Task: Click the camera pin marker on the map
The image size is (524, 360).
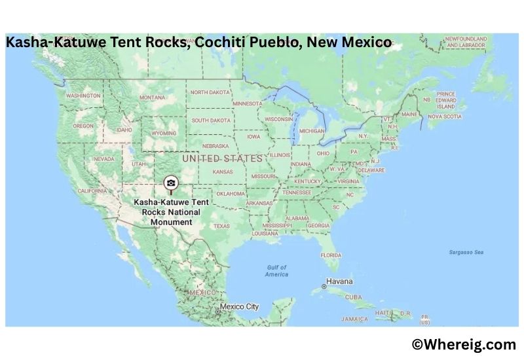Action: point(171,183)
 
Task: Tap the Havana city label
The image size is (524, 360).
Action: point(339,281)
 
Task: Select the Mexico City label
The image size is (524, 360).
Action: point(239,306)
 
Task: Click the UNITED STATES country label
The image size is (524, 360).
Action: point(223,158)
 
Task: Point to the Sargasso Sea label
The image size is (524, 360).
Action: point(466,252)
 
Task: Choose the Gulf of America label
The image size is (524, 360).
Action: point(277,271)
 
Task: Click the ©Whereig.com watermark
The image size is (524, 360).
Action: point(464,344)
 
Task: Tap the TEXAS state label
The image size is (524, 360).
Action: point(221,226)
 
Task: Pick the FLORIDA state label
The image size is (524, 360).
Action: point(331,255)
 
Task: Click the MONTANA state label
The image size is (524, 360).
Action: point(152,98)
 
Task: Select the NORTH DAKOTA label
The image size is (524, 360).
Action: point(210,92)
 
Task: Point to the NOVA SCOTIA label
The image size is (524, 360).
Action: point(445,117)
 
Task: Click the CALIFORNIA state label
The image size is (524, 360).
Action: point(92,190)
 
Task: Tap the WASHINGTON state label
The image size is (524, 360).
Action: point(83,96)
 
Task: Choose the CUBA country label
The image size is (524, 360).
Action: point(353,297)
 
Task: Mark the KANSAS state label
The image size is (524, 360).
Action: point(223,171)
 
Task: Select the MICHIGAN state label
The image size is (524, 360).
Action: point(312,131)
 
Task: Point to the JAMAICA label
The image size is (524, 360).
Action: point(354,319)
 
